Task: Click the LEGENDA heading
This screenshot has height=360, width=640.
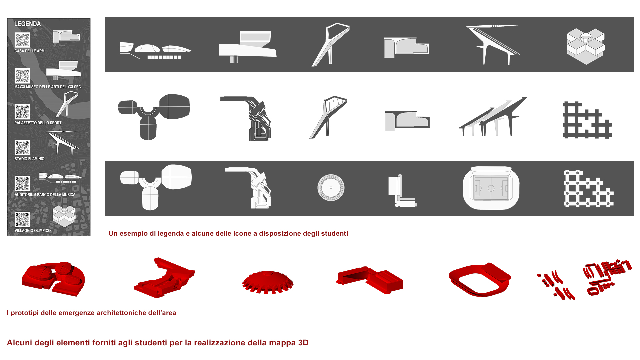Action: point(27,24)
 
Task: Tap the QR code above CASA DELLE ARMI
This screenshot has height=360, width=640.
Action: point(22,40)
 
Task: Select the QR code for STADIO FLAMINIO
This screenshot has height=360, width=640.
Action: point(22,148)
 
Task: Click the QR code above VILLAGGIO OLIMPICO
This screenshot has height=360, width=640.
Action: point(22,220)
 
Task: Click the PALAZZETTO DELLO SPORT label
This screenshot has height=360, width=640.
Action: point(38,123)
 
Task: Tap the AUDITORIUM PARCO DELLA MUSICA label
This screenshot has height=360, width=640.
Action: point(45,195)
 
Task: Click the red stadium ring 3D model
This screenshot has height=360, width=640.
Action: point(480,279)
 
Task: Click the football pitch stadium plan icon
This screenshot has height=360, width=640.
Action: point(491,188)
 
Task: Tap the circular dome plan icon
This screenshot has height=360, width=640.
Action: point(331,188)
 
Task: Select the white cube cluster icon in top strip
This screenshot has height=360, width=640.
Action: point(586,46)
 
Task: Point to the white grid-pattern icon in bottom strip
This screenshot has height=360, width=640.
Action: point(588,189)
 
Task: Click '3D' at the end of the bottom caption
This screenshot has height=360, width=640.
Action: point(303,343)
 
